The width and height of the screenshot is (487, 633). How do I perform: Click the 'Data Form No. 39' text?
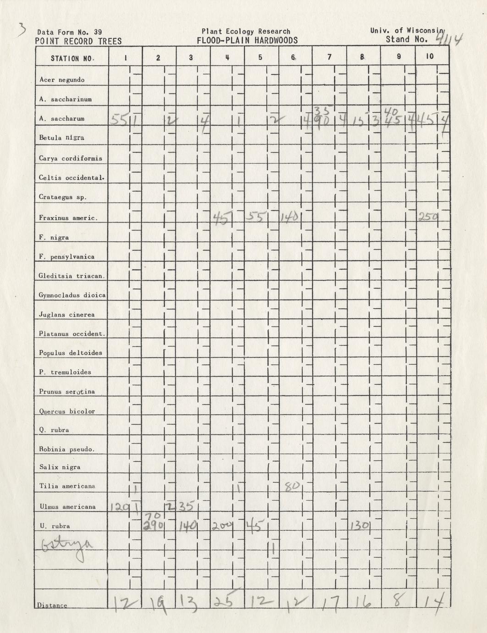(x=69, y=32)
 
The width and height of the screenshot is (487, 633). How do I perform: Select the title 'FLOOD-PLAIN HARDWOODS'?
(x=247, y=40)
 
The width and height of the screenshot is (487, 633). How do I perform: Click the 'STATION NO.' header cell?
(x=72, y=58)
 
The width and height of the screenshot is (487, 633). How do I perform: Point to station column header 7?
(x=329, y=57)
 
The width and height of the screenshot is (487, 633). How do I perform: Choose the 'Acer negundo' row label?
(x=62, y=80)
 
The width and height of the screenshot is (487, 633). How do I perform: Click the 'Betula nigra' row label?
(x=61, y=138)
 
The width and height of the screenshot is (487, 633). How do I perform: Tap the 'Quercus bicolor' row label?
(x=67, y=411)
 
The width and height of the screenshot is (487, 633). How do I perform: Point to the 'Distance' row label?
(x=52, y=605)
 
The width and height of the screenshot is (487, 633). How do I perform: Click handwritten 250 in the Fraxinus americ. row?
(x=428, y=217)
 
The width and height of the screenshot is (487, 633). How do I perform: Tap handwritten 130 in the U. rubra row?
(x=360, y=525)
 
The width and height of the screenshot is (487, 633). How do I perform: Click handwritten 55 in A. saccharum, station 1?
(x=118, y=120)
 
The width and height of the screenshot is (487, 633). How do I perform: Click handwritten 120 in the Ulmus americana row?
(x=119, y=507)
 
